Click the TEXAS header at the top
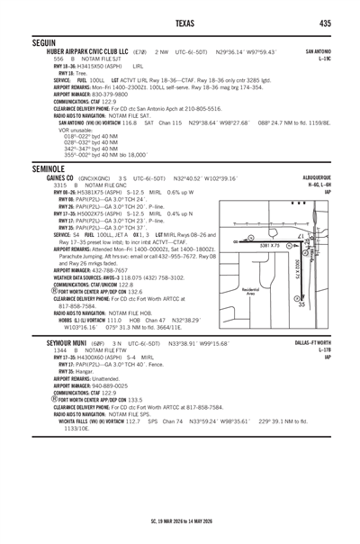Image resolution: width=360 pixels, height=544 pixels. pos(180,22)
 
